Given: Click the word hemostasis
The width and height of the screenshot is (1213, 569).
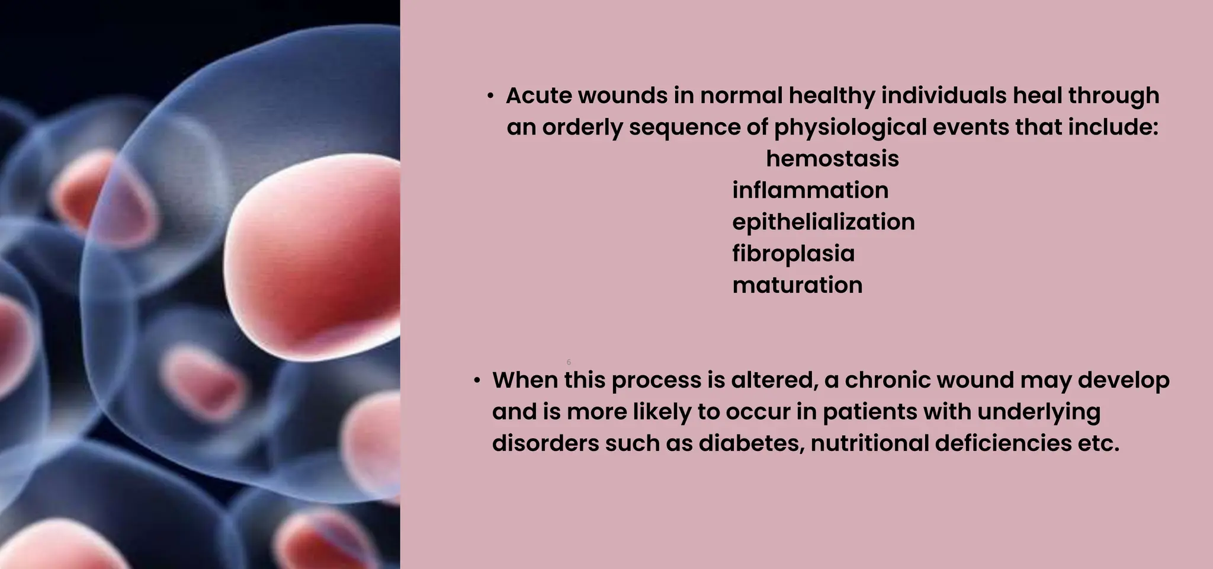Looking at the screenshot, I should [832, 159].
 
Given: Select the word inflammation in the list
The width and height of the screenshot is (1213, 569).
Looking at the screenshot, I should [810, 190].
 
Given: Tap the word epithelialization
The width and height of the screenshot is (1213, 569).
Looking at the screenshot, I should [823, 222].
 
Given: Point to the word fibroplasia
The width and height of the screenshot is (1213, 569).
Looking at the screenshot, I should [793, 254].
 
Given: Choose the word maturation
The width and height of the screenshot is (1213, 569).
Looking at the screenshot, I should [797, 285].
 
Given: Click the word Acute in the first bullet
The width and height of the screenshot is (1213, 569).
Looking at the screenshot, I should [538, 95].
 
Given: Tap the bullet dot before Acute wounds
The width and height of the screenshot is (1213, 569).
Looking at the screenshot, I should [490, 96].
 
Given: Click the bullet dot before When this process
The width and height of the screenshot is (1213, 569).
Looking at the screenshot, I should [477, 381].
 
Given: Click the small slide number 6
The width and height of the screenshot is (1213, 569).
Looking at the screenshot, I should [569, 362].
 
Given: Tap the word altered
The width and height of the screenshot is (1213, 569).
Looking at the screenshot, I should [774, 380].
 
